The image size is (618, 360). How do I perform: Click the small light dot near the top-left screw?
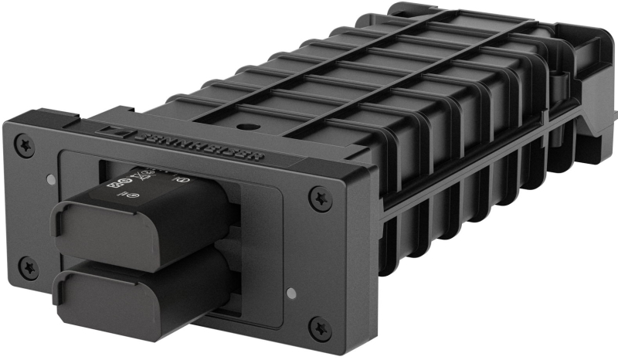[x=50, y=179]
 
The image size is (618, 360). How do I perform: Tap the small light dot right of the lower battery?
[x=290, y=294]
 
